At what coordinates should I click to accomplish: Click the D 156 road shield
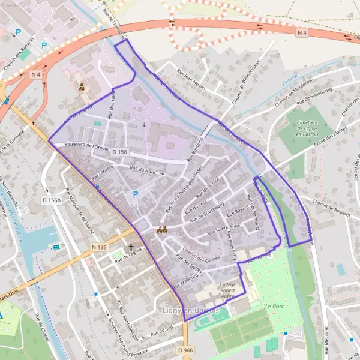119,153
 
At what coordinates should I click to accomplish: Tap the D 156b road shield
52,200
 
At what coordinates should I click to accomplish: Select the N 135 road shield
99,247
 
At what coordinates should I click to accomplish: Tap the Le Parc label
274,306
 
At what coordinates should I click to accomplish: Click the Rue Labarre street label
103,174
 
